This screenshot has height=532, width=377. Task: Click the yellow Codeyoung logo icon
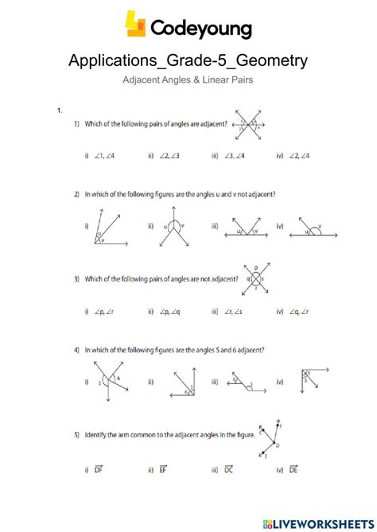click(135, 24)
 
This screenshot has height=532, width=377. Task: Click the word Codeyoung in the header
click(200, 29)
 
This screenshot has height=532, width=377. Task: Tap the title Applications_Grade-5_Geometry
click(188, 60)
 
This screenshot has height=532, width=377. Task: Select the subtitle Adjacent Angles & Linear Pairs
click(188, 80)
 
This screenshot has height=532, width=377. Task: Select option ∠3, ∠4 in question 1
click(236, 157)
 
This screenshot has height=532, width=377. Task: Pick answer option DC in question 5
click(235, 468)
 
